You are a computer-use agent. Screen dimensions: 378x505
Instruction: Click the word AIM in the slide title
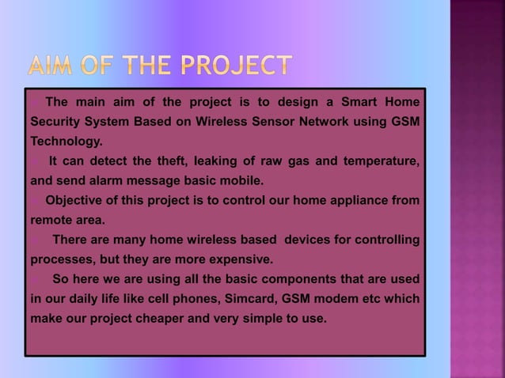coord(60,67)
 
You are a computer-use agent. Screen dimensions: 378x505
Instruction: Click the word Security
coord(57,123)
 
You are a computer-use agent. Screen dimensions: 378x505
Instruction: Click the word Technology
coord(66,142)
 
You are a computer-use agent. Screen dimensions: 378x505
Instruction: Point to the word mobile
coord(241,181)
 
